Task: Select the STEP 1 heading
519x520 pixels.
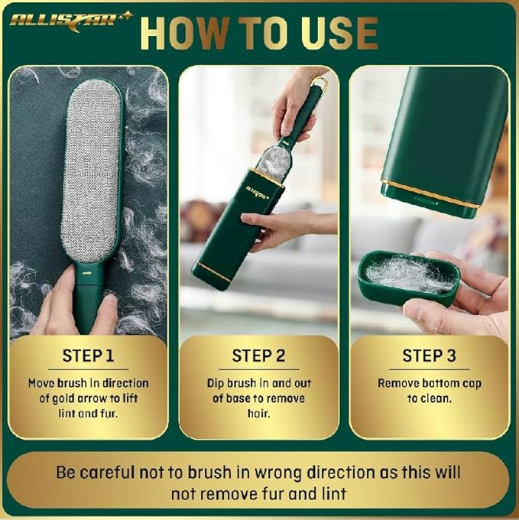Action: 88,356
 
